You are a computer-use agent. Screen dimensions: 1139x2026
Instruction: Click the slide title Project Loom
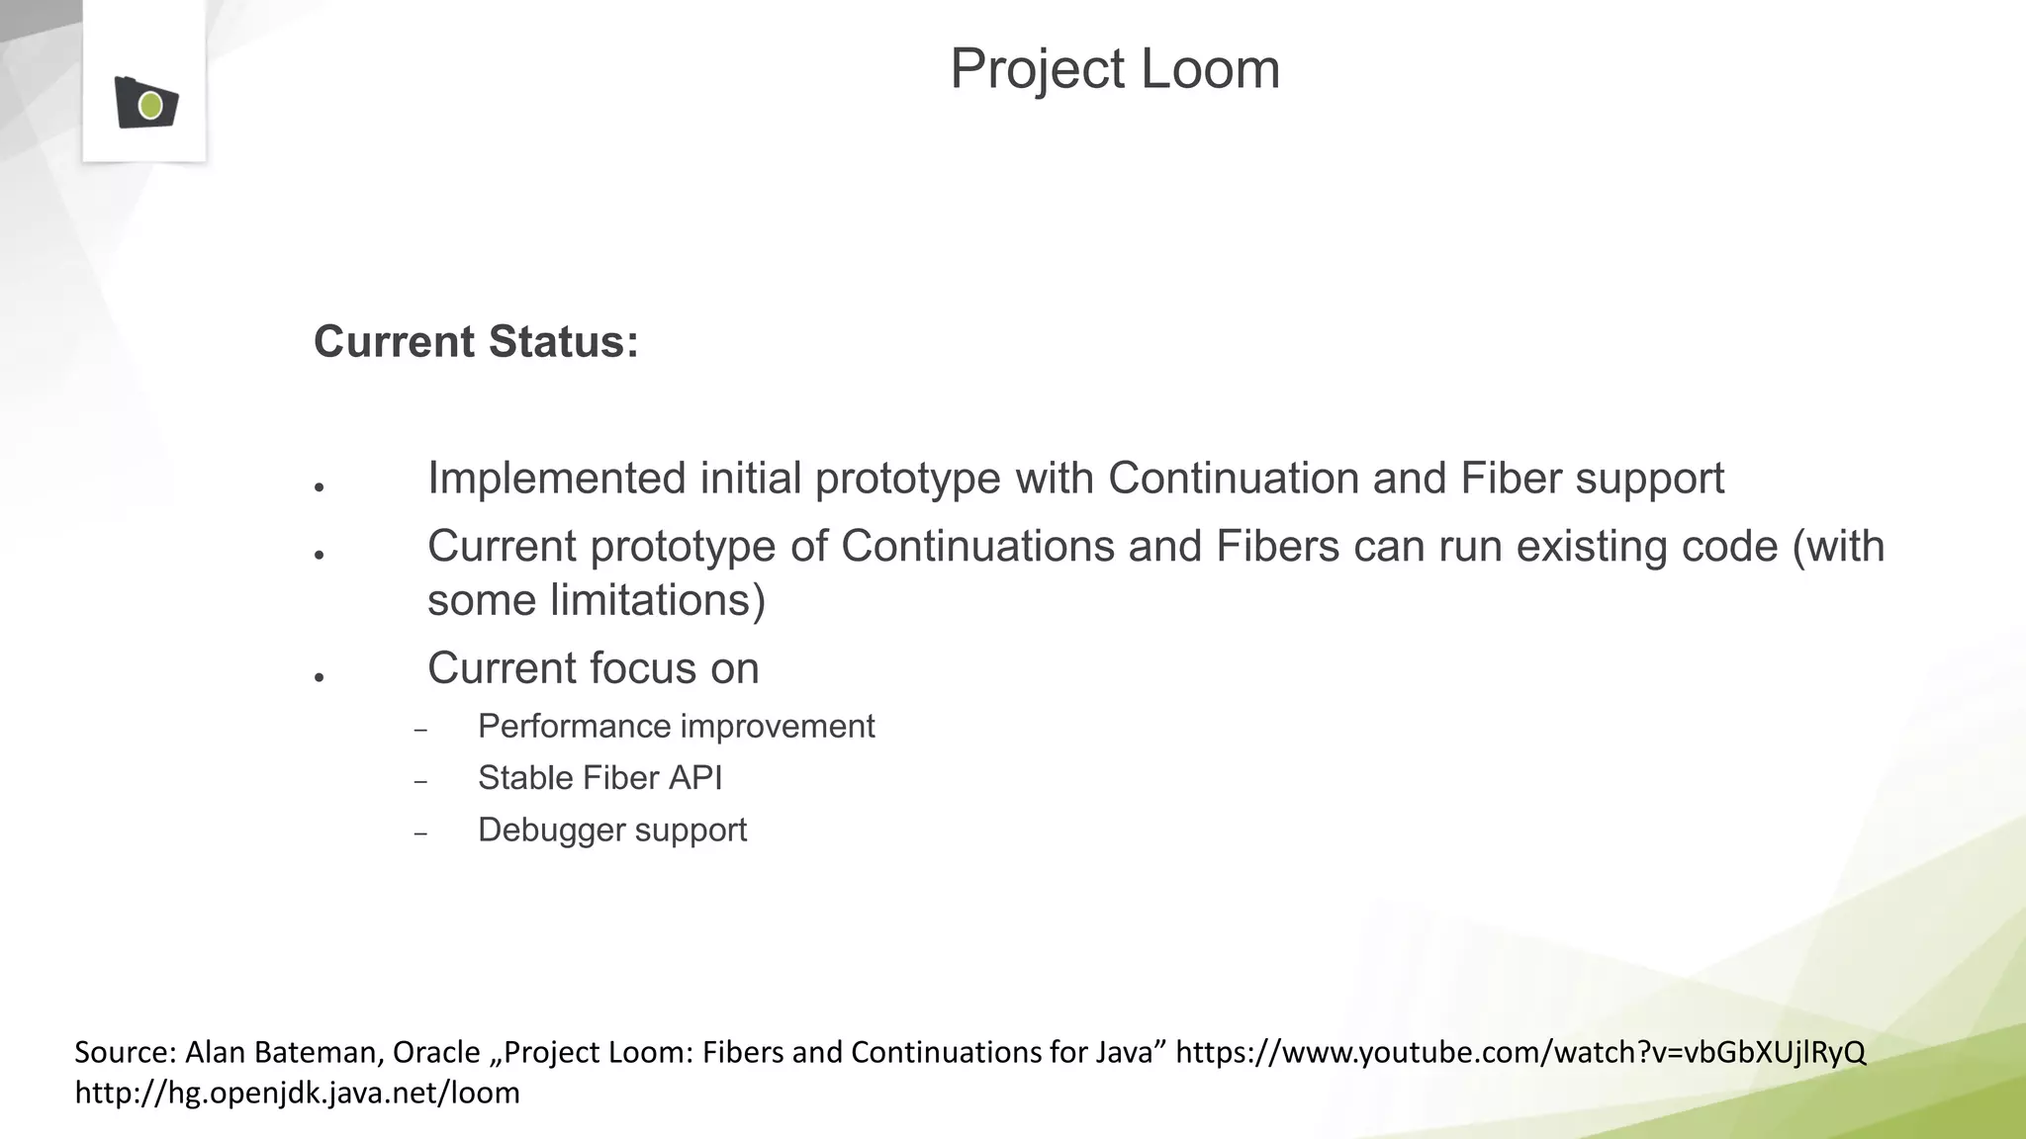(x=1115, y=69)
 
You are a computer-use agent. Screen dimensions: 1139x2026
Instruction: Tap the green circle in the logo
(x=150, y=105)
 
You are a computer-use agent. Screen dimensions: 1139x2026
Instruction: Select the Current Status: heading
(x=476, y=342)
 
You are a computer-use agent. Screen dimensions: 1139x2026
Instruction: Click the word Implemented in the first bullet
(x=557, y=479)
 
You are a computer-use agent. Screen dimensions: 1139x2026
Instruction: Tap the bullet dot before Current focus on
(x=320, y=677)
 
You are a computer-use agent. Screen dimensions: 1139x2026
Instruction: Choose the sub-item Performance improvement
(x=676, y=727)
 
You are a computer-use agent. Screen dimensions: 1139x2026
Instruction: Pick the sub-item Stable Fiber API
(x=599, y=778)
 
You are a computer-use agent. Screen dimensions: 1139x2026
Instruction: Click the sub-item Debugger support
(x=611, y=830)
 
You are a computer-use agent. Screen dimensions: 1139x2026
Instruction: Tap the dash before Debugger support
(x=420, y=833)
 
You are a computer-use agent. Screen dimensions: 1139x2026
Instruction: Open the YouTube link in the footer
(x=1519, y=1052)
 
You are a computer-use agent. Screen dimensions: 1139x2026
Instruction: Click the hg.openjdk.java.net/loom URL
(x=297, y=1093)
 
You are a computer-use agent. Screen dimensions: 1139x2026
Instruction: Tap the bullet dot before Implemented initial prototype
(x=320, y=487)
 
